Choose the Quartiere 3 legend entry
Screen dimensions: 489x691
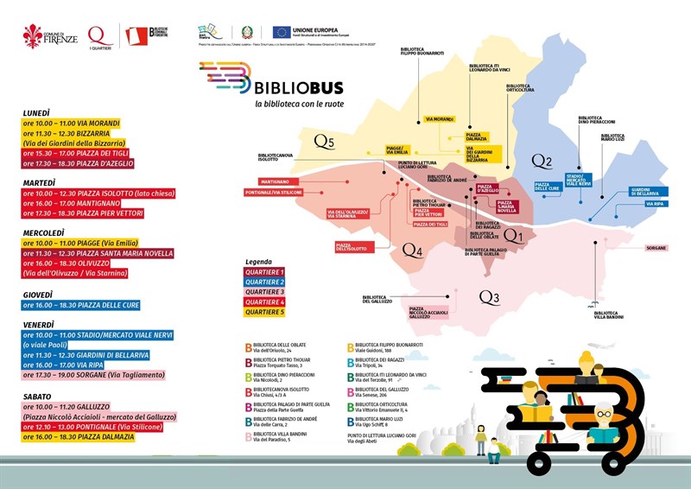point(263,292)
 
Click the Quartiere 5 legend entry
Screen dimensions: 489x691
point(263,312)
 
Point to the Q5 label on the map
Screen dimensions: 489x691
point(324,141)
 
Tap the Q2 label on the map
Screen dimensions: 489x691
point(542,161)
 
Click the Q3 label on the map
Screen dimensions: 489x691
point(489,298)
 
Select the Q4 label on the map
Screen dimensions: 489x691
point(413,251)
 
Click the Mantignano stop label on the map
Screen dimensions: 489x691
point(272,182)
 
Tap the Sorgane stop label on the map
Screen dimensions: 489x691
point(656,248)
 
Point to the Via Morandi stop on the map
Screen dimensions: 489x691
point(440,118)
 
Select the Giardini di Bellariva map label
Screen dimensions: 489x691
point(644,192)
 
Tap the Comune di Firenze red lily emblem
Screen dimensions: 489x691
point(34,35)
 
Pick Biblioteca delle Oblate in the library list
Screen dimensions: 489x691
point(282,346)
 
